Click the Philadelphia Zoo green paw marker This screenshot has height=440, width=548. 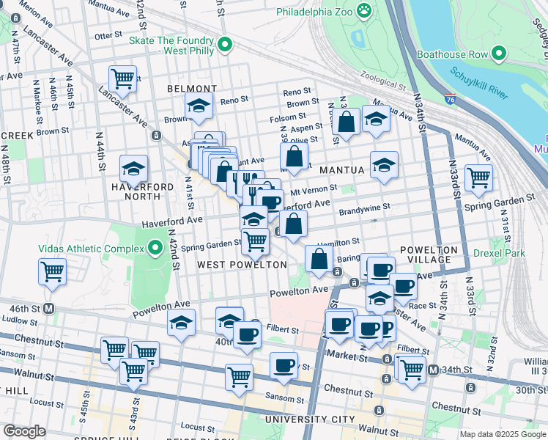pyautogui.click(x=363, y=10)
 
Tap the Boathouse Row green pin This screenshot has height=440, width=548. pyautogui.click(x=500, y=54)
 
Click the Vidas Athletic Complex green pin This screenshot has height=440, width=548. pyautogui.click(x=155, y=249)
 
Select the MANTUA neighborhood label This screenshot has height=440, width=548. pyautogui.click(x=341, y=170)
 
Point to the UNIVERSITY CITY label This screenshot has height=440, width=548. pyautogui.click(x=305, y=419)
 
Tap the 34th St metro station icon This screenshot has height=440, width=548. pyautogui.click(x=433, y=370)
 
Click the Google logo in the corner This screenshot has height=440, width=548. pyautogui.click(x=24, y=431)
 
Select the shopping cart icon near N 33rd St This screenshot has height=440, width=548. pyautogui.click(x=478, y=177)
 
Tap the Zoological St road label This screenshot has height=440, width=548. pyautogui.click(x=381, y=86)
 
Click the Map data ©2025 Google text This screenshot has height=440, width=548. pyautogui.click(x=503, y=434)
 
